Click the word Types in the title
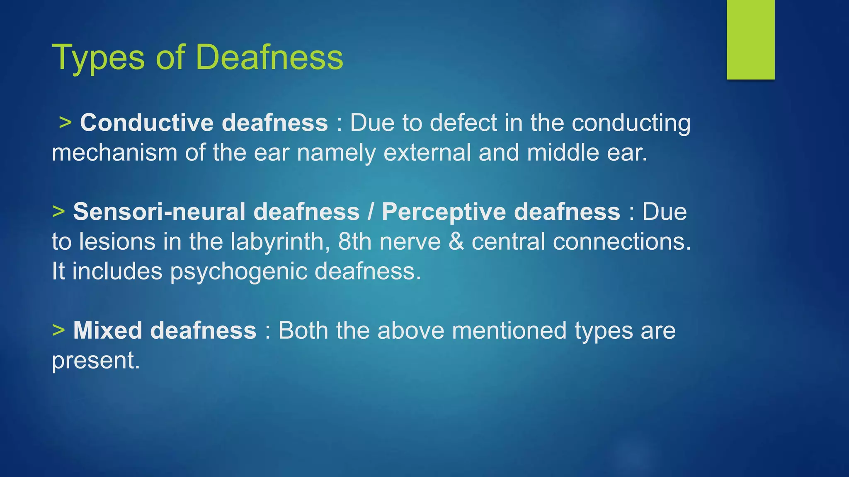[98, 58]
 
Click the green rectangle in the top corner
[750, 39]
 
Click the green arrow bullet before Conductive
[65, 123]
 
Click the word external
[427, 152]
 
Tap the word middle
[563, 152]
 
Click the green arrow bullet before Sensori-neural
[58, 211]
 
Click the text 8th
[354, 241]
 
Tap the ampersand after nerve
[456, 241]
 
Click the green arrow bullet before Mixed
[58, 330]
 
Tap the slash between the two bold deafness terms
[371, 212]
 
